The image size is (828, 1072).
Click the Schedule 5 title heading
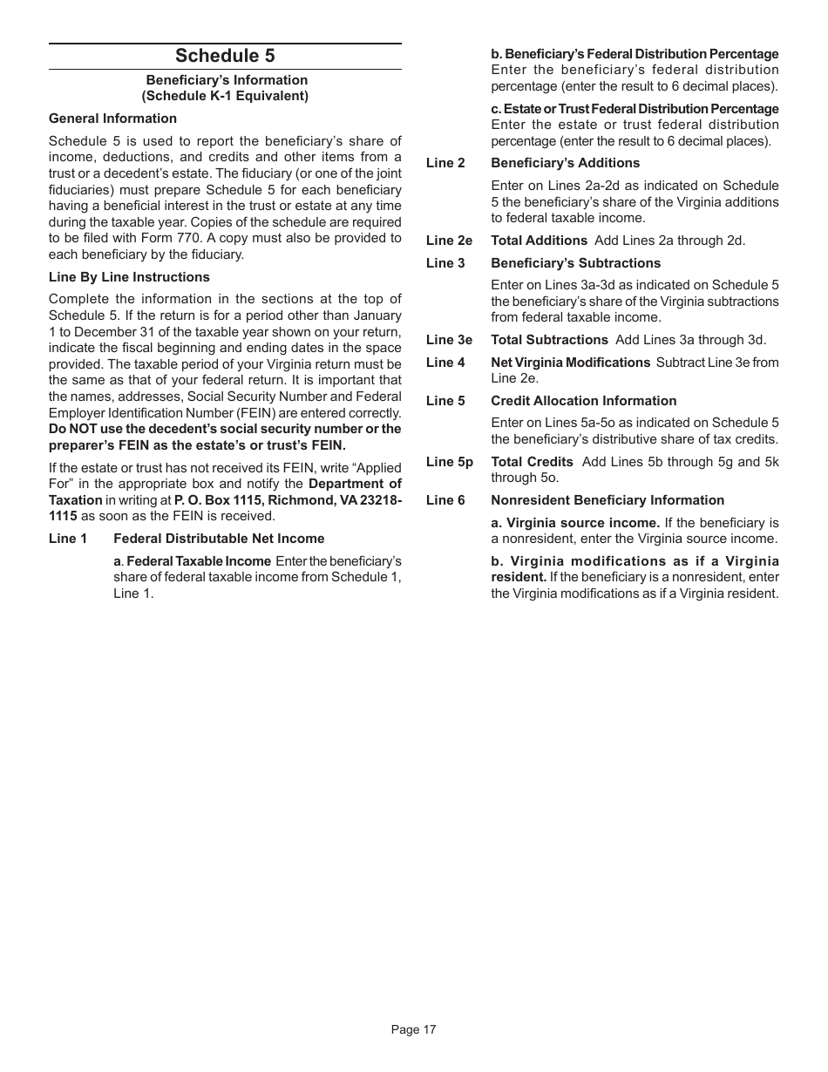[225, 56]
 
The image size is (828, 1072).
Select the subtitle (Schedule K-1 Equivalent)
[225, 96]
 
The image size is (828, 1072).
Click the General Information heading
[112, 119]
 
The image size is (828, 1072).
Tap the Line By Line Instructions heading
[129, 277]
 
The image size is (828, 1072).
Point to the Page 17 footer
[413, 1029]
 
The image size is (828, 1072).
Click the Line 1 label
[68, 539]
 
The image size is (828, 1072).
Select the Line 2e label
[449, 241]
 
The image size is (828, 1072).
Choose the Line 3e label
[449, 340]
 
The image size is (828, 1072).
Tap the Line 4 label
[445, 363]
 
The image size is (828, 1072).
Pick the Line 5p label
[449, 462]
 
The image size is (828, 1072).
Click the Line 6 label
[445, 500]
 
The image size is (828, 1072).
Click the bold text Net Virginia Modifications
[570, 363]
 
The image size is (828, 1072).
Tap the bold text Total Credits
[532, 462]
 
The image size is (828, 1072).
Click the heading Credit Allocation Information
[583, 401]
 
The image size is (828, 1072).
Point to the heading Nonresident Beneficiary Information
[607, 500]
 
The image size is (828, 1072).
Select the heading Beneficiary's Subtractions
[575, 263]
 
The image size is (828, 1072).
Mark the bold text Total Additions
[539, 241]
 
